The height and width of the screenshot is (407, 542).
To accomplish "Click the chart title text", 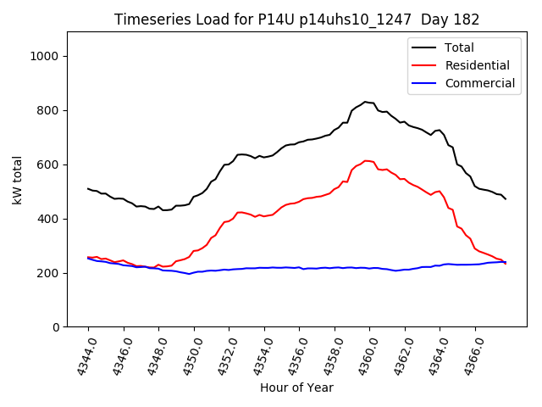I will pos(296,20).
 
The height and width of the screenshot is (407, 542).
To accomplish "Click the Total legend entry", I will pos(459,47).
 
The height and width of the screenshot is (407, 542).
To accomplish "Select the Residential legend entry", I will pos(477,65).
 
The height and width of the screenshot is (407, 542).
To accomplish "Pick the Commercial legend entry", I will pos(479,83).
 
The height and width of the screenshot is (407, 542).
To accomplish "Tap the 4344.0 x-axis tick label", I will pos(81,356).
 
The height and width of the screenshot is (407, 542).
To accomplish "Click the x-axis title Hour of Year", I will pos(296,388).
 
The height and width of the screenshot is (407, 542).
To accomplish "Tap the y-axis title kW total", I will pos(17,180).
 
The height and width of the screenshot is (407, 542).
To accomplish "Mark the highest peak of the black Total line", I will pos(366,102).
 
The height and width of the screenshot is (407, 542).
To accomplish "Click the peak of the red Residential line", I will pos(366,160).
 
